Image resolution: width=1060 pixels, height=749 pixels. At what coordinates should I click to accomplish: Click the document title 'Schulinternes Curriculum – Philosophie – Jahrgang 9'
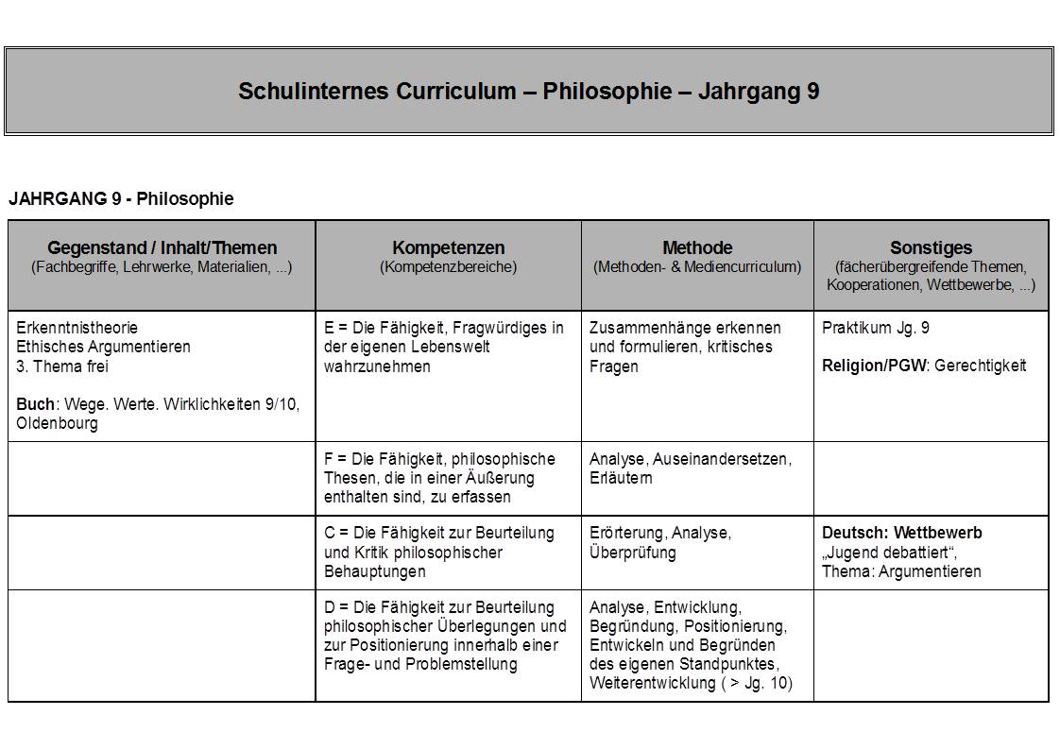[x=528, y=92]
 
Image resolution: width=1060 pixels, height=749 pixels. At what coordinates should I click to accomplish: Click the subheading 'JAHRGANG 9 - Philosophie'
[x=121, y=198]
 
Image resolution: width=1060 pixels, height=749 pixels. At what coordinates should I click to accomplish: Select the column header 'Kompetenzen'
[x=448, y=248]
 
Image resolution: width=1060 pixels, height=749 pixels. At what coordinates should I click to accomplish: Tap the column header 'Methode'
[x=697, y=248]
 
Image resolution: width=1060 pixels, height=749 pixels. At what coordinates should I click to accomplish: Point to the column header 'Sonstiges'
[x=931, y=248]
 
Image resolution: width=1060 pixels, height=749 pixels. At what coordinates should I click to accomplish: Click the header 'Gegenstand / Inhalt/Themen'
[x=162, y=248]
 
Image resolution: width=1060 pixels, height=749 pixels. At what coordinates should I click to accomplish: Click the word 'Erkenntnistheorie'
[x=77, y=328]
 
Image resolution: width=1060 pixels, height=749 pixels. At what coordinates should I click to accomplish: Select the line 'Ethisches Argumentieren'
[x=103, y=347]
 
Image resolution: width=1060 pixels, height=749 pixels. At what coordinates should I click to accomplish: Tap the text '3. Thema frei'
[x=62, y=366]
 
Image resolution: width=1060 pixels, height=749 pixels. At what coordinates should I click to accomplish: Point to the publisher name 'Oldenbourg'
[x=57, y=424]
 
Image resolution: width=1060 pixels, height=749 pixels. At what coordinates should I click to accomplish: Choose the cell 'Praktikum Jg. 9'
[x=876, y=328]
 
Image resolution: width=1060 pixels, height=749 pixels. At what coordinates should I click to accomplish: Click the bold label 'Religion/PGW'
[x=875, y=366]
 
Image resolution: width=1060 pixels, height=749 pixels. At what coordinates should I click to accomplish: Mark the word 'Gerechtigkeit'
[x=980, y=366]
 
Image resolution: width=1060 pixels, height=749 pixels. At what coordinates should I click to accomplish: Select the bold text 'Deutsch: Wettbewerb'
[x=901, y=533]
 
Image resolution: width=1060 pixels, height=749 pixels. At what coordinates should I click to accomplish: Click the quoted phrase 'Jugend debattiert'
[x=887, y=552]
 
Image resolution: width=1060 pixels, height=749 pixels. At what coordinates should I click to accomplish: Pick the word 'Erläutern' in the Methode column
[x=621, y=478]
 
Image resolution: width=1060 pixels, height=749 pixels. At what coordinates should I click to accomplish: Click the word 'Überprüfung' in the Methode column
[x=632, y=553]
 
